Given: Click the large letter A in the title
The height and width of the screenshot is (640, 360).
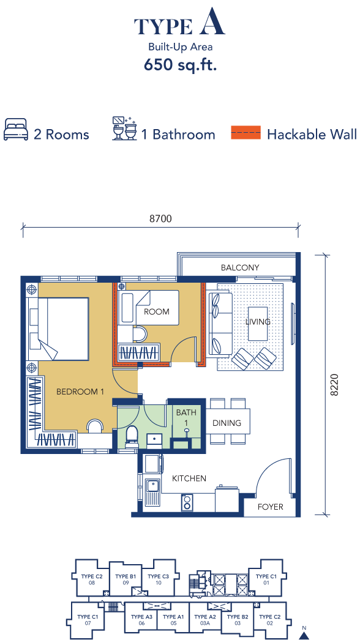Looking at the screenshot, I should tap(212, 24).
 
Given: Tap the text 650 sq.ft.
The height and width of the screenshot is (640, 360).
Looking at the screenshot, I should tap(180, 65).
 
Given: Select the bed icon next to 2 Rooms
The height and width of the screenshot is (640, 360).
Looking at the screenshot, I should tap(16, 130).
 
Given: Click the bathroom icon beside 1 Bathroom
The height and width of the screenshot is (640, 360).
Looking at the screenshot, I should tap(124, 129).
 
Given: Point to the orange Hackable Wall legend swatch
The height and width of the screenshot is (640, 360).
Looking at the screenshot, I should tap(246, 133).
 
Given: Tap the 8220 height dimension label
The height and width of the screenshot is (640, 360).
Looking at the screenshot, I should tap(334, 385).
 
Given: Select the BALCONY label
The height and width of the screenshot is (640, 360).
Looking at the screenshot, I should tap(240, 267).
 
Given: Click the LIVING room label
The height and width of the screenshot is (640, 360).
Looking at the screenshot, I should tap(258, 322).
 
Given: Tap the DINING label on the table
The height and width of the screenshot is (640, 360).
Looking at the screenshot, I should tap(227, 423).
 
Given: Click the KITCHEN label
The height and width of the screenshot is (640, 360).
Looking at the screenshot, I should tap(189, 478).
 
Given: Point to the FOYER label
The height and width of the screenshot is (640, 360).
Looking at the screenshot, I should tap(270, 507).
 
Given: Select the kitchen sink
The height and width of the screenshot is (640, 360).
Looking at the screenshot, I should tap(152, 491).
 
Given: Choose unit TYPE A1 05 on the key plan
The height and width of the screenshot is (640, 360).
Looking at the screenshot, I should tap(173, 619).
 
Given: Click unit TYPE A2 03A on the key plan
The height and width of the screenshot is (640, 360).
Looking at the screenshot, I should tap(204, 619).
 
